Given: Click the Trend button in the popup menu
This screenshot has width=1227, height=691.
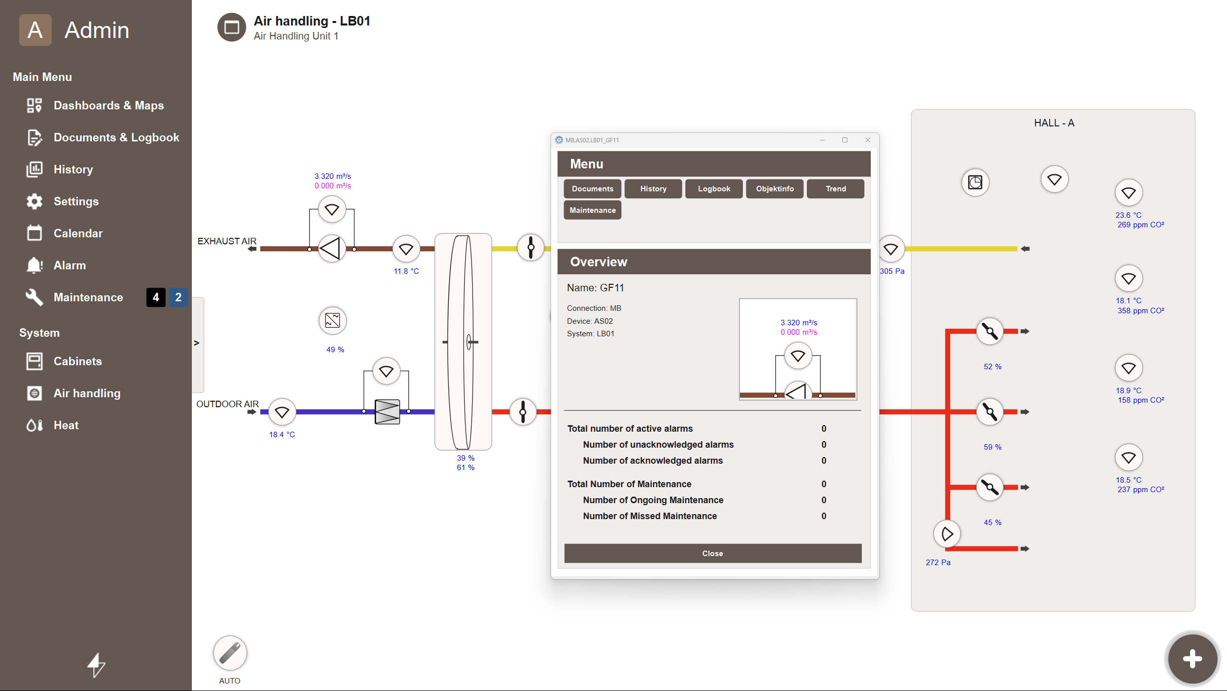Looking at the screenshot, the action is point(835,189).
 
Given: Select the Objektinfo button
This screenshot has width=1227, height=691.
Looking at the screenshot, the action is point(774,189).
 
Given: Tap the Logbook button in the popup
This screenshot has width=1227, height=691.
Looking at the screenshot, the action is point(714,189).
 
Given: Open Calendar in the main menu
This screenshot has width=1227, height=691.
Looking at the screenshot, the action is point(78,233).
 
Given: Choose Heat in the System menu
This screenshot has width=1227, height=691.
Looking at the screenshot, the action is point(66,425).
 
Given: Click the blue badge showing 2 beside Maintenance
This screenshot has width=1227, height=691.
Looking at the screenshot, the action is point(178,297).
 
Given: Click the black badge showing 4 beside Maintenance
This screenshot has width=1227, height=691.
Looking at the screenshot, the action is point(156,297).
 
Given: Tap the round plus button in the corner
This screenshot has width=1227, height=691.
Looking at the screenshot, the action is point(1193,659).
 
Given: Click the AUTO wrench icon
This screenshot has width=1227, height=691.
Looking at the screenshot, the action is point(230,653).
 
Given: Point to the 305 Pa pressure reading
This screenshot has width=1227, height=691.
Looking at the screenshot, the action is point(892,271).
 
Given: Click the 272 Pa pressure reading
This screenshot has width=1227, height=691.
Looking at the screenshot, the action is point(938,563).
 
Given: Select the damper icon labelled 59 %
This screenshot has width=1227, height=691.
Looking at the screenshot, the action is point(990,412).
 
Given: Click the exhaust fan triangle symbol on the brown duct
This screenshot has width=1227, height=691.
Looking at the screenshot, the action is point(331,249).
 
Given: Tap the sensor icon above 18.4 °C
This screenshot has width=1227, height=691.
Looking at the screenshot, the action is point(282,412).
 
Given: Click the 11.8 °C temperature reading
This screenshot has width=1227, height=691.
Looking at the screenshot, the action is point(406,271).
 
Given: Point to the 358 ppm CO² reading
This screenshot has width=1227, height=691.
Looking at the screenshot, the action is point(1141,311).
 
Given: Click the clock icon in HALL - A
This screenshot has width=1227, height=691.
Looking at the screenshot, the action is point(975,182).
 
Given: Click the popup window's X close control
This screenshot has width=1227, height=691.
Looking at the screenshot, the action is point(868,140).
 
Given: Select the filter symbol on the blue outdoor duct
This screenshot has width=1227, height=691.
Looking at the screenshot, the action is point(387,412).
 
